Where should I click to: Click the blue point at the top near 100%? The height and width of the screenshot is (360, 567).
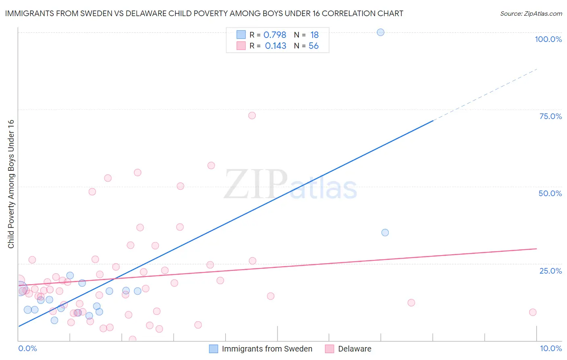click(380, 32)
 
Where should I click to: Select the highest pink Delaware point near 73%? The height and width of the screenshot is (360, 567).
click(252, 115)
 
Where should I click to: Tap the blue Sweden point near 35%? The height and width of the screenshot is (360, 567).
click(385, 232)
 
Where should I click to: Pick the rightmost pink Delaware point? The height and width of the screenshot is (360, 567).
click(533, 312)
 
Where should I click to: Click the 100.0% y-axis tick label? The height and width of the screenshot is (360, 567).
click(548, 39)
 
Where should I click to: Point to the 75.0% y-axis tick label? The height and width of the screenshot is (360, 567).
click(550, 116)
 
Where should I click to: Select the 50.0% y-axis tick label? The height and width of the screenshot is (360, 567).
click(550, 193)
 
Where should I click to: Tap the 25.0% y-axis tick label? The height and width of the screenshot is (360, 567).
click(550, 270)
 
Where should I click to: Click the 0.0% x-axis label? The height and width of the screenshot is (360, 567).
click(27, 348)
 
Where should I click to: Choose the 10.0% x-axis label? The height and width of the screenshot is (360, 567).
click(550, 348)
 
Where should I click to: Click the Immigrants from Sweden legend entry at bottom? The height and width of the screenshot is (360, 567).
click(267, 349)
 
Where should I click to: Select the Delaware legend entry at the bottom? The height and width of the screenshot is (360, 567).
click(354, 349)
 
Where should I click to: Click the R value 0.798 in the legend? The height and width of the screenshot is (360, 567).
click(275, 35)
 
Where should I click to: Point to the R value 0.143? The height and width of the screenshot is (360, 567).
click(275, 46)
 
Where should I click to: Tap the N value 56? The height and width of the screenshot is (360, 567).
click(313, 46)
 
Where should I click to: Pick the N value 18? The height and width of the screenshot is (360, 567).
click(314, 35)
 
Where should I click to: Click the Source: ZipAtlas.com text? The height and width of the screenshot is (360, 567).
click(531, 14)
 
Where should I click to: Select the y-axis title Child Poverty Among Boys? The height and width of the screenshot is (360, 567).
click(11, 184)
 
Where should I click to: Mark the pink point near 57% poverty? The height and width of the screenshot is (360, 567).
click(211, 165)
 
